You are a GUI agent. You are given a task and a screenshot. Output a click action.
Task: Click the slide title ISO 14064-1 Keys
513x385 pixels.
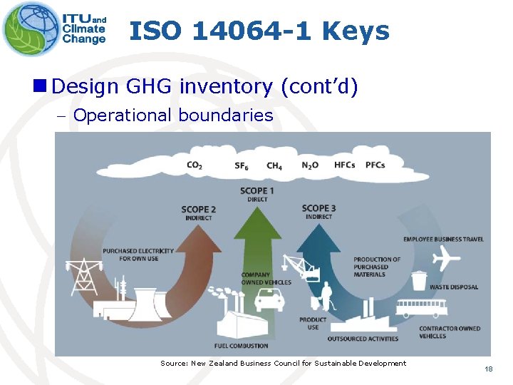(259, 31)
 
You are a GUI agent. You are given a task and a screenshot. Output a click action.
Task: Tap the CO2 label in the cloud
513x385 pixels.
(195, 165)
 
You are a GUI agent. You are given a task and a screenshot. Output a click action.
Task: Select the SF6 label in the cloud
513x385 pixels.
(242, 166)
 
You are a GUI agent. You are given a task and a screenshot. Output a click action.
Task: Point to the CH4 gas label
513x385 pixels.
(274, 166)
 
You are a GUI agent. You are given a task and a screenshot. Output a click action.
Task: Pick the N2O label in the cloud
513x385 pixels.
(310, 165)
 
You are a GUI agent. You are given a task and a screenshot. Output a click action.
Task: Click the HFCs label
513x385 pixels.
(344, 165)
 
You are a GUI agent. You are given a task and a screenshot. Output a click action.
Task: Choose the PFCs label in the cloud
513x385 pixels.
(375, 165)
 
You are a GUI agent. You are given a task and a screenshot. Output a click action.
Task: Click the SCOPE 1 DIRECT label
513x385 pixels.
(257, 194)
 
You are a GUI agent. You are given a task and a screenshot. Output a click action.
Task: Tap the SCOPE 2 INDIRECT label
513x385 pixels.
(198, 213)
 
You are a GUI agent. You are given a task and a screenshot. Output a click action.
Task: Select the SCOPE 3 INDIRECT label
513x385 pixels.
(318, 212)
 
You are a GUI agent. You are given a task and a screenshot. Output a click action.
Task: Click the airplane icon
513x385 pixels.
(446, 257)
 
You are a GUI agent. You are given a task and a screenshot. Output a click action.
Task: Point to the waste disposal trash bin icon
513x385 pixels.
(419, 280)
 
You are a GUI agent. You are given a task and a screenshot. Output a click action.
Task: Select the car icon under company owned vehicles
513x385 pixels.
(269, 300)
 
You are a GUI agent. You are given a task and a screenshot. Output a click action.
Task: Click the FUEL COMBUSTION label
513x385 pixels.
(242, 346)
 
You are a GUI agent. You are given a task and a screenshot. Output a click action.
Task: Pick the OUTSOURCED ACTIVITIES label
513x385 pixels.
(363, 338)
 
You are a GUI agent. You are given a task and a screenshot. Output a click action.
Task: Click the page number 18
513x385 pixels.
(488, 369)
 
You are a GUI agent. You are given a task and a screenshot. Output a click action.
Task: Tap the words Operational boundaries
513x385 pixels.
(173, 115)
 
